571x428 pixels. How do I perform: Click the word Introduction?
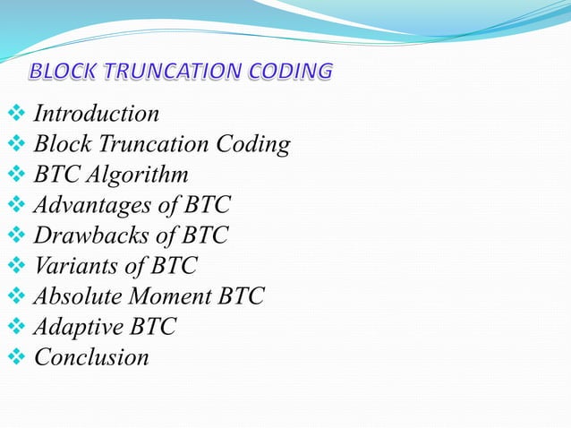click(x=97, y=114)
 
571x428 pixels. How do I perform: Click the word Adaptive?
click(x=77, y=327)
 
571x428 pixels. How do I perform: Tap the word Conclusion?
click(x=91, y=357)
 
